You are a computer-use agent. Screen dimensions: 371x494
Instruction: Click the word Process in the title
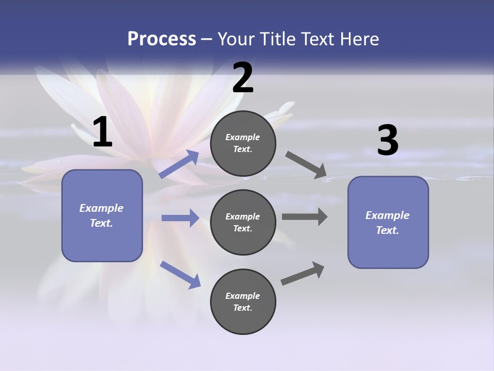point(162,39)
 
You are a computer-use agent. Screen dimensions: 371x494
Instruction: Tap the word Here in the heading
point(357,39)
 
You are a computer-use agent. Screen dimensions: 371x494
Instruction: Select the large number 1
point(102,132)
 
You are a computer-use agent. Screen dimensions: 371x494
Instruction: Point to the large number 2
point(243,78)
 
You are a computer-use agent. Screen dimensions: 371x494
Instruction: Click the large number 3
point(387,141)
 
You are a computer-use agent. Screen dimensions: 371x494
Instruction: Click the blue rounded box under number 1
point(102,215)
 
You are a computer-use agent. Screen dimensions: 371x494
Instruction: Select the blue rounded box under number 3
point(388,223)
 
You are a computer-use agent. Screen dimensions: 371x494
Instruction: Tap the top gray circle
point(243,143)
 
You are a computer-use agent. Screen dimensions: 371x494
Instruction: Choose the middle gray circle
point(243,222)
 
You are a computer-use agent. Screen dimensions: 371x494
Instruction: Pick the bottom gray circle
point(243,301)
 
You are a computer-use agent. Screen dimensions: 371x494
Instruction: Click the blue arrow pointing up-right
point(179,164)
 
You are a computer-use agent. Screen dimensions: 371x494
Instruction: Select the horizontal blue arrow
point(180,218)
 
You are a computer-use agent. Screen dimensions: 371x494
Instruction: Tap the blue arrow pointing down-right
point(180,274)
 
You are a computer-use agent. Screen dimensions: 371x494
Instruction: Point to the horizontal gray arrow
point(305,217)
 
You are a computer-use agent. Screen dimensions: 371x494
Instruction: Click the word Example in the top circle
point(243,137)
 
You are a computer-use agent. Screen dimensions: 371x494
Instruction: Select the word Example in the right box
point(387,215)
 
